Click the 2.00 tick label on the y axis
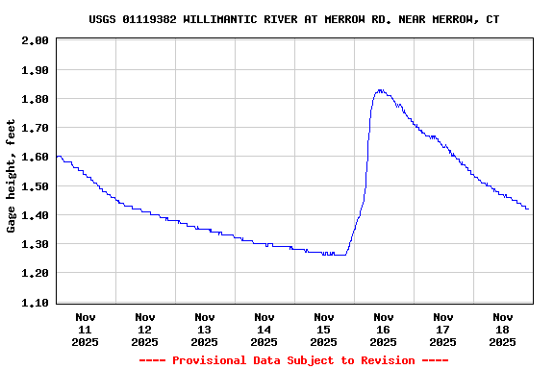(35, 41)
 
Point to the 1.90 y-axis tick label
(35, 70)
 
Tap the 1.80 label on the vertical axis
(35, 99)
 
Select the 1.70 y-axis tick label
(35, 128)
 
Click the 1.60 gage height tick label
(35, 158)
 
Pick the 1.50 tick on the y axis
(35, 186)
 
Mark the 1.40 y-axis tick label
(35, 215)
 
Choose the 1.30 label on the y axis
(35, 244)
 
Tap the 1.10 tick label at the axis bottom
(35, 303)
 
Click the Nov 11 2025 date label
(86, 329)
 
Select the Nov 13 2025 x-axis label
(205, 329)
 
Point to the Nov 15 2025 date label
(324, 329)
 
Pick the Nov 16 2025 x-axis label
(384, 329)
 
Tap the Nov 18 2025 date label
(503, 329)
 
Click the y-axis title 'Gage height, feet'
(12, 176)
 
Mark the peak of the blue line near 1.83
(380, 90)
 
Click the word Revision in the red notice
(387, 360)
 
